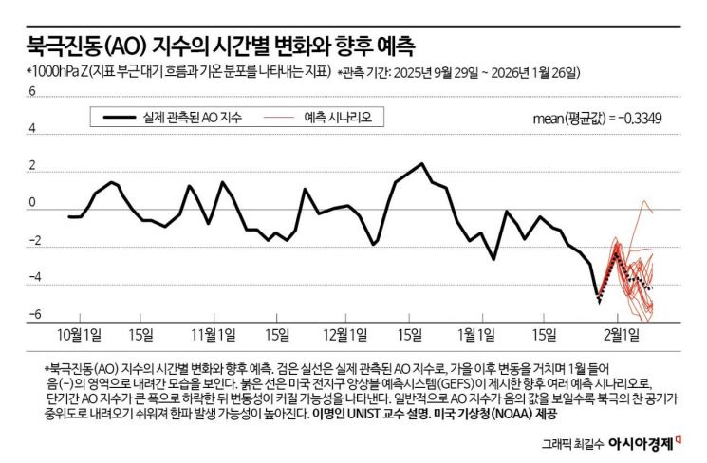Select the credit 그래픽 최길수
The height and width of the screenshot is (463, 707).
coord(570,443)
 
